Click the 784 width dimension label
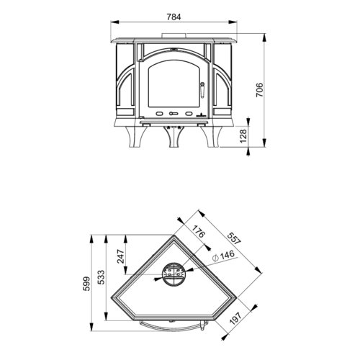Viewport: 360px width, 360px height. (x=174, y=17)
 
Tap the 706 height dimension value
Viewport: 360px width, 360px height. (x=260, y=90)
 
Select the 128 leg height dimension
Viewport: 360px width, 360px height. (x=243, y=136)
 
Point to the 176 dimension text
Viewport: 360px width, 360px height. (x=198, y=231)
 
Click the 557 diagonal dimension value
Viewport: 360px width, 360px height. (x=234, y=238)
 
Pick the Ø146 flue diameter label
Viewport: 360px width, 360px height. (x=224, y=256)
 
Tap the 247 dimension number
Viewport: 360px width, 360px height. (x=121, y=256)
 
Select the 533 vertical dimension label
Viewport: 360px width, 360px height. (x=102, y=277)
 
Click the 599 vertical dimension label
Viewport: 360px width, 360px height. (x=86, y=284)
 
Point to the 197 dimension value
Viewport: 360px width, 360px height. (x=235, y=318)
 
